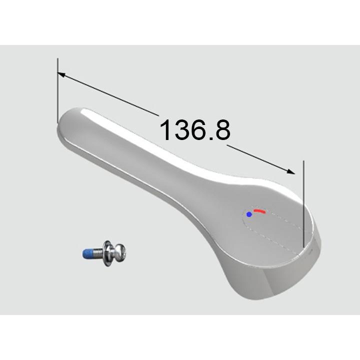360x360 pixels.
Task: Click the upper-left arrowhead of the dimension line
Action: pos(60,75)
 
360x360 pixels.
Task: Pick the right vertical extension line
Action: pos(303,200)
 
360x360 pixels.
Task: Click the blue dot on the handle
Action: pos(249,214)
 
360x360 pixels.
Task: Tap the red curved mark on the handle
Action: pos(258,211)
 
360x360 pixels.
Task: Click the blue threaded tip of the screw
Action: pos(88,253)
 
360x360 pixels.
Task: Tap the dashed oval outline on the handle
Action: pos(280,235)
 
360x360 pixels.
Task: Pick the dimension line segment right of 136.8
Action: pos(257,157)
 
